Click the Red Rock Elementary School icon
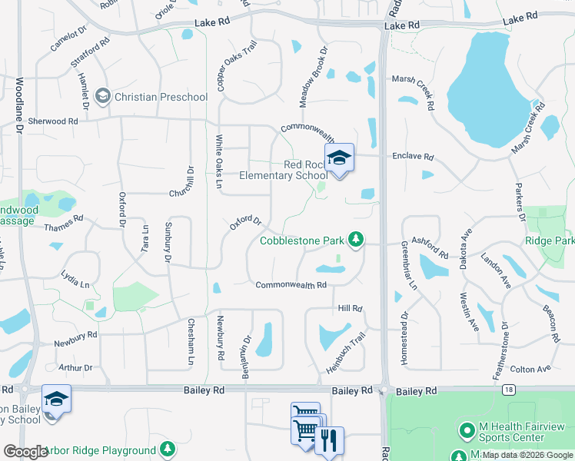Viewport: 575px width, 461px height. [x=339, y=158]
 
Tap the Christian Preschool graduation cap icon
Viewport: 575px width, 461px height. [x=103, y=97]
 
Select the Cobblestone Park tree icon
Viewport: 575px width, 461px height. [x=355, y=240]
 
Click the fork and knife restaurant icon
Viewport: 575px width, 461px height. [x=329, y=441]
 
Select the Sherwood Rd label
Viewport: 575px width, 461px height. [x=53, y=121]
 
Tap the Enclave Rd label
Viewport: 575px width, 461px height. [x=413, y=157]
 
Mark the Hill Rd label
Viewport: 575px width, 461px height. [x=350, y=308]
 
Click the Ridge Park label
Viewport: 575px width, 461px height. [x=549, y=240]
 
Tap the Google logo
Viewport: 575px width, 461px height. [x=26, y=451]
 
